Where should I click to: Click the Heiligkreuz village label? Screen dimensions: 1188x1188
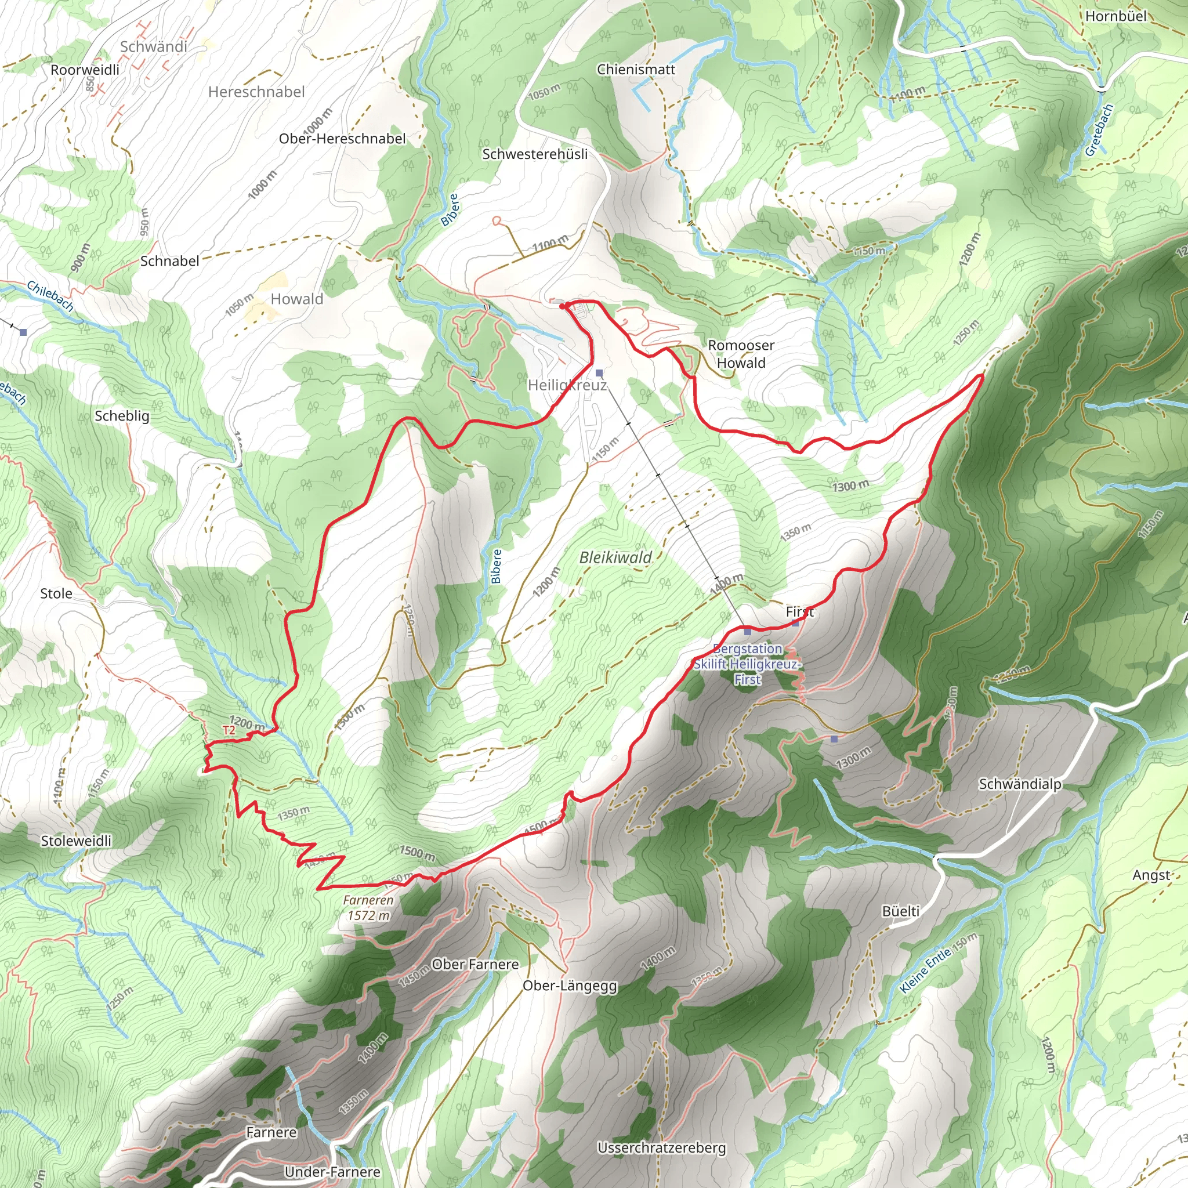click(x=567, y=386)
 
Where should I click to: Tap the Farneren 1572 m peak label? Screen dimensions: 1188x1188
click(x=368, y=908)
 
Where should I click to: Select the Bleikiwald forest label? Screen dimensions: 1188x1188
click(x=615, y=557)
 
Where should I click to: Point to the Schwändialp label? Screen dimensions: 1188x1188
click(x=1020, y=784)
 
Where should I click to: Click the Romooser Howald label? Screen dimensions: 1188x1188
click(x=741, y=354)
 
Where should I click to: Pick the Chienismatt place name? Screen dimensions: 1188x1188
click(x=636, y=70)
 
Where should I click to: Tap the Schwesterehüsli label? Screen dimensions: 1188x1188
click(x=534, y=154)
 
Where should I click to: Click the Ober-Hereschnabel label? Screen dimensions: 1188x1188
click(x=342, y=139)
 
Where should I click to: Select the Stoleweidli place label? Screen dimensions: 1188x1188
click(x=76, y=841)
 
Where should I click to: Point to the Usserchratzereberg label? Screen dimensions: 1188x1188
click(x=662, y=1147)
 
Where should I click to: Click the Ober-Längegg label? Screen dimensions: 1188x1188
click(x=570, y=986)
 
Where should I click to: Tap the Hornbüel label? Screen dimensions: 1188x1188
click(x=1115, y=16)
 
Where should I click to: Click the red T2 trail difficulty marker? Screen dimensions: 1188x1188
click(x=229, y=730)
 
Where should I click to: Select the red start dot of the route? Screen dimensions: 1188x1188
click(x=562, y=306)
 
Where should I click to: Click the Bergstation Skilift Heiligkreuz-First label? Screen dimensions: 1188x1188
click(x=747, y=664)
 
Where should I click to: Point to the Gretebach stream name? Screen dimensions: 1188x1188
click(x=1099, y=130)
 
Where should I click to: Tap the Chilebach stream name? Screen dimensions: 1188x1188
click(x=50, y=296)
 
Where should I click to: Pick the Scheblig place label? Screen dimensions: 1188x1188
click(x=122, y=416)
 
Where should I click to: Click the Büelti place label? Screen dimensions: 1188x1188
click(x=900, y=911)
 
